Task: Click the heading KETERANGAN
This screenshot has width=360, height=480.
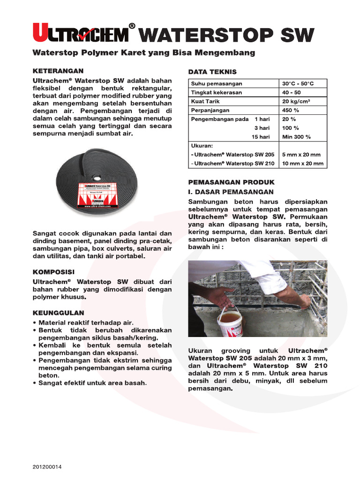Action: [x=58, y=71]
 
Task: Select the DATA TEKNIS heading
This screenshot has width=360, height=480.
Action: [x=212, y=72]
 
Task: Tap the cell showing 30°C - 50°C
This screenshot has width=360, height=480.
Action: [x=298, y=83]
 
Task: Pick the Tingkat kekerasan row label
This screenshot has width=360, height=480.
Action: [x=216, y=92]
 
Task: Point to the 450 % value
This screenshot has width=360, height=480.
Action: [x=291, y=110]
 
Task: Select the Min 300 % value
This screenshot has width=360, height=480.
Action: [x=296, y=137]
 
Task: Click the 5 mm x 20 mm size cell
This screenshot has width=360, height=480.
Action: [x=301, y=155]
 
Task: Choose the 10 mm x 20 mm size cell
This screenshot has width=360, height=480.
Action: [x=302, y=164]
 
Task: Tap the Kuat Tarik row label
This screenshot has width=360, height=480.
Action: [x=205, y=101]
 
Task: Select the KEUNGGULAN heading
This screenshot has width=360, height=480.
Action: [x=59, y=312]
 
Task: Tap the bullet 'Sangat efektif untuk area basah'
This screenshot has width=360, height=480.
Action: [x=92, y=383]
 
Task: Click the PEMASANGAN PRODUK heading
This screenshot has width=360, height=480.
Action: [x=231, y=182]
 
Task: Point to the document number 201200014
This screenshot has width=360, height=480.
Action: [x=47, y=467]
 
